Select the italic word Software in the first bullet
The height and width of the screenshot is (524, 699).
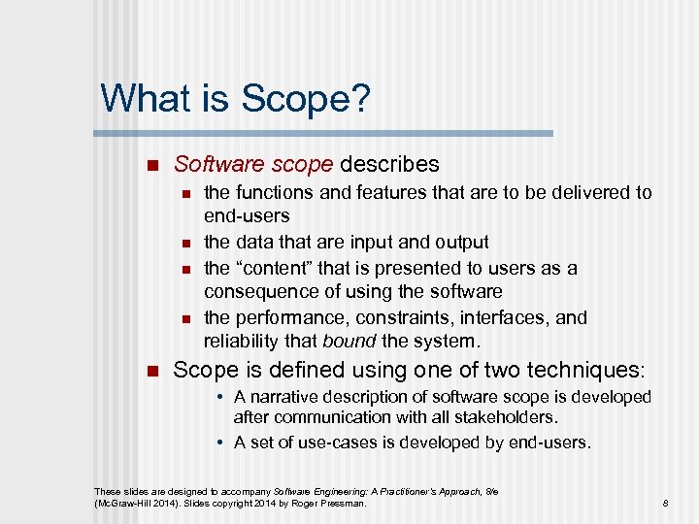[x=213, y=165]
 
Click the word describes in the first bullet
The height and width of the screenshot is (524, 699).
[x=390, y=165]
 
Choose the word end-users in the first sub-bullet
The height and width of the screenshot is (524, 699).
[x=247, y=216]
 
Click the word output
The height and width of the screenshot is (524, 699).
[x=456, y=242]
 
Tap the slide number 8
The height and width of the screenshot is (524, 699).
[x=665, y=504]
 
